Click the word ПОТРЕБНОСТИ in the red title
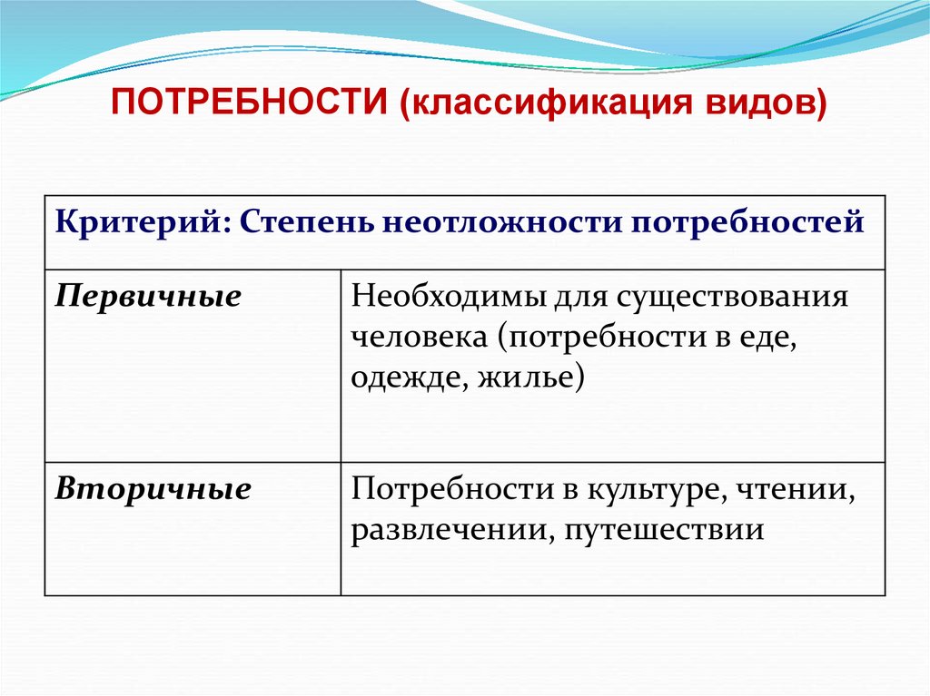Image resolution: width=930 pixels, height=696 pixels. click(252, 100)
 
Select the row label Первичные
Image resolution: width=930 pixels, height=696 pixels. click(149, 298)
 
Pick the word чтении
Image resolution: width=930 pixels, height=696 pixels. click(798, 490)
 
